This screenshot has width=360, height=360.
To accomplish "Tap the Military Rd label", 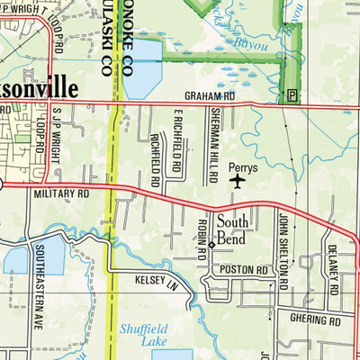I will [x=60, y=193].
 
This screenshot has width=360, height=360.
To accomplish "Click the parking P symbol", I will [x=292, y=94].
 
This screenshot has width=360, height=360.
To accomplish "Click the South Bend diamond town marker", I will [x=211, y=244].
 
